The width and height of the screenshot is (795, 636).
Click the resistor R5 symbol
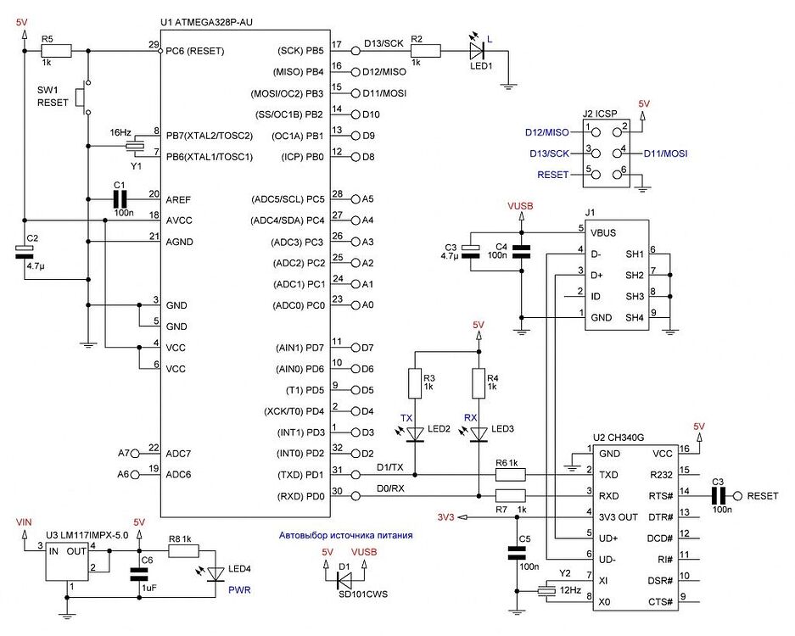[x=56, y=51]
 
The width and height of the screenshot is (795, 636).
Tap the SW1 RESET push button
[x=82, y=98]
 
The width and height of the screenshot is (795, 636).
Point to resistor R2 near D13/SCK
[x=425, y=51]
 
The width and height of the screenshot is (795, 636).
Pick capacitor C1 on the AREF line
[x=120, y=199]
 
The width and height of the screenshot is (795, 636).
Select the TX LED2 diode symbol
[x=415, y=434]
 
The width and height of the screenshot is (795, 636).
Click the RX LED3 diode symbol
[x=479, y=434]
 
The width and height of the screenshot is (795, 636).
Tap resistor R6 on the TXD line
[x=510, y=474]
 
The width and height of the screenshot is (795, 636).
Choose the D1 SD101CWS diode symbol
[x=344, y=580]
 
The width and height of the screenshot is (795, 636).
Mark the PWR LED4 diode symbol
[x=216, y=575]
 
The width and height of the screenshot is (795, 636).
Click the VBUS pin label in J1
[x=603, y=231]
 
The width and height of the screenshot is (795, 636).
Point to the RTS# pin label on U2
[x=660, y=495]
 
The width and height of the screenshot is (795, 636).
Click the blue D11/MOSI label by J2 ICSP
[x=664, y=153]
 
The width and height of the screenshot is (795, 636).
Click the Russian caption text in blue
[x=346, y=535]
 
